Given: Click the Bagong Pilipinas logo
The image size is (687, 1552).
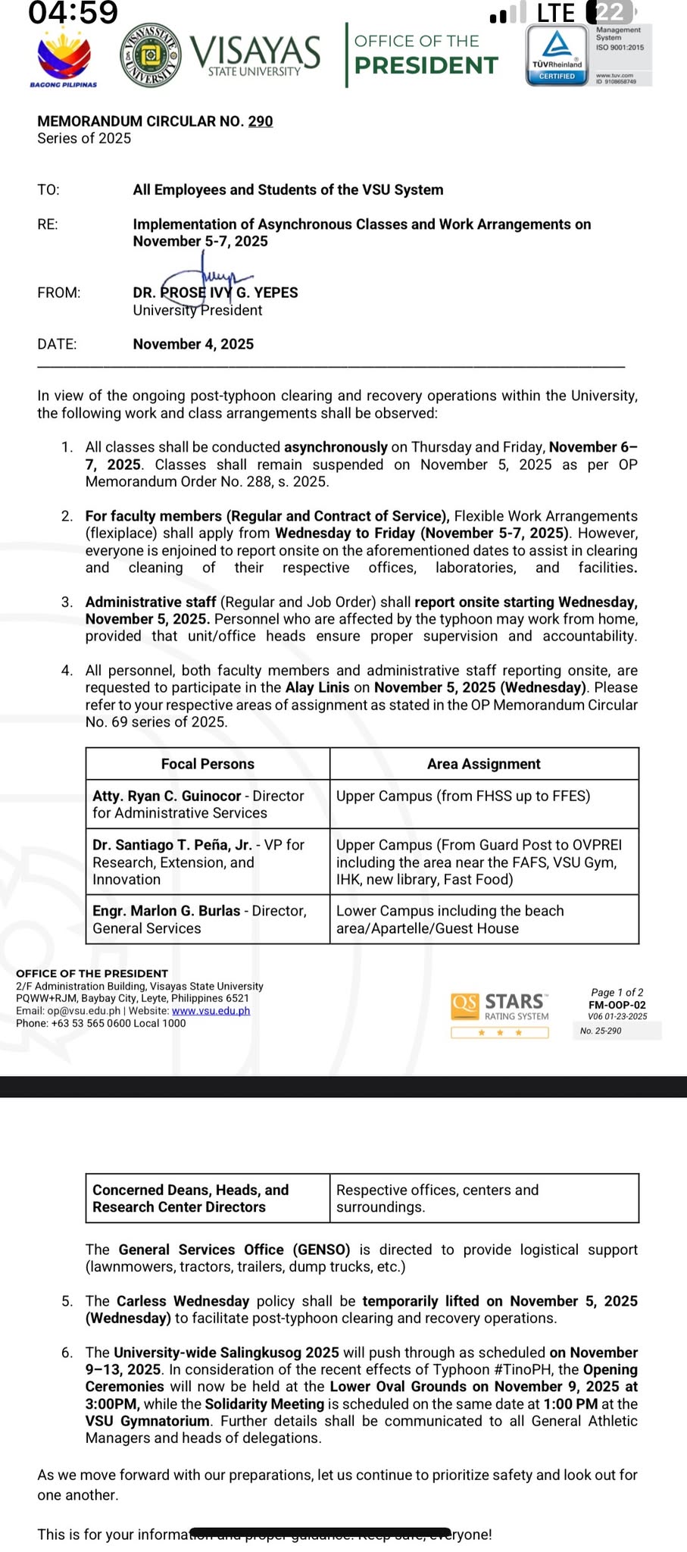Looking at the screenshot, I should coord(64,58).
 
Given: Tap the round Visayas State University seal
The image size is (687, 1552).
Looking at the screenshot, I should coord(151,56).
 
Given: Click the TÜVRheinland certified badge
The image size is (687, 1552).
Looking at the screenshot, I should coord(557,55).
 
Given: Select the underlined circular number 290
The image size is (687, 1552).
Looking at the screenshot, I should coord(261,121).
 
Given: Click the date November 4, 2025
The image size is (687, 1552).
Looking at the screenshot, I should coord(193,344).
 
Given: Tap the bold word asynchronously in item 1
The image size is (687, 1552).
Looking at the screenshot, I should coord(336,447).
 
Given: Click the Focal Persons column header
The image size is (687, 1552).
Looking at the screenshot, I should coord(208,764).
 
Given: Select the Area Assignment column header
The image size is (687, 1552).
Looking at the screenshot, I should coord(483,764).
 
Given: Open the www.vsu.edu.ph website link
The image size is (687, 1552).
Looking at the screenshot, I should coord(211,1011).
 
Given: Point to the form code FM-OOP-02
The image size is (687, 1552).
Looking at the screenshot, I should coord(617,1005).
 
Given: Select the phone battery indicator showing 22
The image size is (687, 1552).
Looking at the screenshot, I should coord(610,12).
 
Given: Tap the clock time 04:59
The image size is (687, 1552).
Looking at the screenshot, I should coord(73,13).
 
